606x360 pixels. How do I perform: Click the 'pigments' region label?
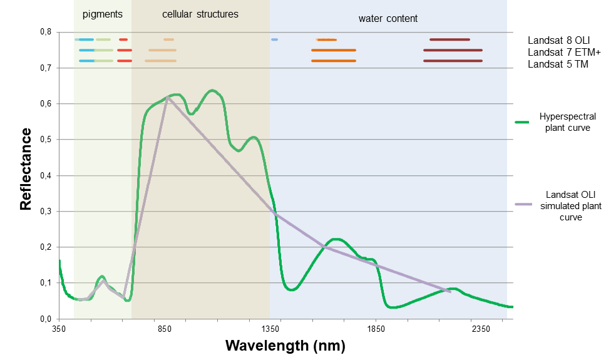pos(103,14)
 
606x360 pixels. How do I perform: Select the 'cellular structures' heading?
pos(200,14)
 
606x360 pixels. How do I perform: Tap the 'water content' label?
pos(388,19)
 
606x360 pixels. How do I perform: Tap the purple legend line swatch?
pos(523,204)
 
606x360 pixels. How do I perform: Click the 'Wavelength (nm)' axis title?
pos(285,345)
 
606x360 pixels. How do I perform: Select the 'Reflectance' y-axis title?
pos(26,168)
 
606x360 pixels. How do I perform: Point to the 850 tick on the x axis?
pos(165,329)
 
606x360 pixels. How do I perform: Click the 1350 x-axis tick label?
pos(270,329)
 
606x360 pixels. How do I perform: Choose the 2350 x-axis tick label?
pos(480,329)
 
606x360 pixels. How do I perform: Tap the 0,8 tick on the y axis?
pos(46,32)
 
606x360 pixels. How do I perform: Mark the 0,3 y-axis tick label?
pos(46,212)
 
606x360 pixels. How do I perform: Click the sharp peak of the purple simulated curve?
pos(167,97)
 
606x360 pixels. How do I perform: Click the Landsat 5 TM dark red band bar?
pos(453,61)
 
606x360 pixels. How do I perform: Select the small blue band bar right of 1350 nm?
pos(274,39)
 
